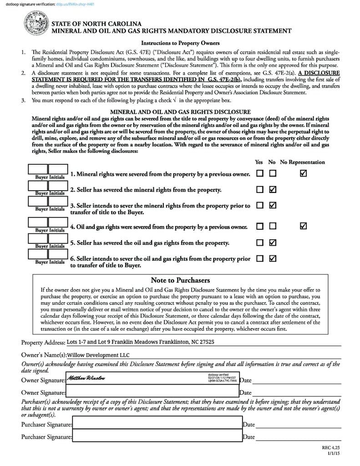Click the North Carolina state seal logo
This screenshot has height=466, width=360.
coord(36,25)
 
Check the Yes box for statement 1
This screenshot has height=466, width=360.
coord(259,173)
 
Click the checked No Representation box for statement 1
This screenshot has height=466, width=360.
coord(304,173)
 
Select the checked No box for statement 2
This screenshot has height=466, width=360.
coord(273,189)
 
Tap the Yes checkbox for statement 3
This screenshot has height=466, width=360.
coord(259,205)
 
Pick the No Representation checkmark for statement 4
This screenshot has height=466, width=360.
coord(304,226)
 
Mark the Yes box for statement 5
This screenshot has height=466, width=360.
coord(259,243)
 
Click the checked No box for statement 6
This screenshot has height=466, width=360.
coord(273,258)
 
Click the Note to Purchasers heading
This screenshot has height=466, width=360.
coord(180,280)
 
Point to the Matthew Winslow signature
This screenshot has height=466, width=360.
coord(86,378)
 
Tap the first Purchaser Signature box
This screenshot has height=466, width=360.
coord(157,424)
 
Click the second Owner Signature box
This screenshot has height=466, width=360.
coord(152,392)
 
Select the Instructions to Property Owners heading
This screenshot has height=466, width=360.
coord(180,43)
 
